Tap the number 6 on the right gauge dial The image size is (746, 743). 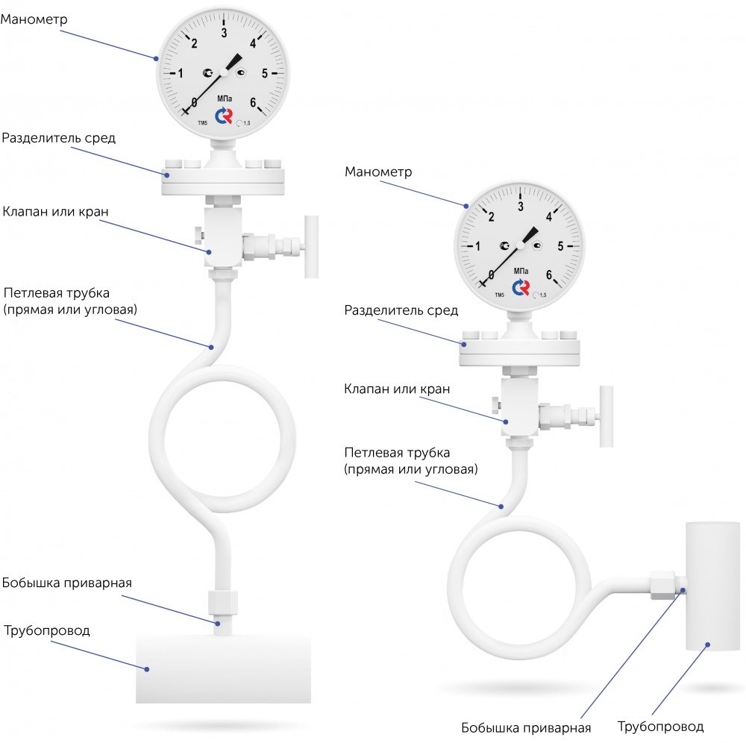(549, 275)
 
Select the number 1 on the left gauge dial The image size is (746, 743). (181, 73)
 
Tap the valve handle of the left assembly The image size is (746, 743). (310, 246)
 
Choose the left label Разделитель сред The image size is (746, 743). (58, 139)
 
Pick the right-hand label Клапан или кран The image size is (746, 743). (397, 389)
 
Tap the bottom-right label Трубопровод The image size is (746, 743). (660, 726)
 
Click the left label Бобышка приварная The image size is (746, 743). (67, 583)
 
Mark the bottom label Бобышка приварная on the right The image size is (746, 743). (526, 728)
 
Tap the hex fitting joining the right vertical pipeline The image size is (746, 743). (662, 586)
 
